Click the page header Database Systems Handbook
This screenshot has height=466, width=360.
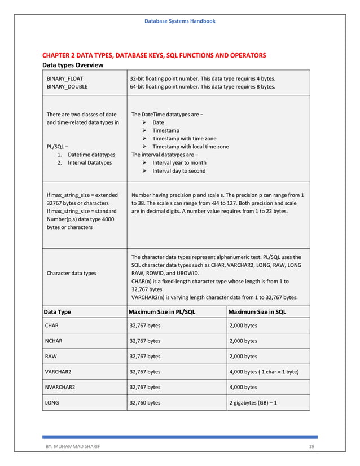[179, 21]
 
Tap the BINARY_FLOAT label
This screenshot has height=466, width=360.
[65, 78]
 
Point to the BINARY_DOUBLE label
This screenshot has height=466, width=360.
[67, 87]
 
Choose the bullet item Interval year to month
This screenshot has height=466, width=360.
[179, 162]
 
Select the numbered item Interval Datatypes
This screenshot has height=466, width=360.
[89, 162]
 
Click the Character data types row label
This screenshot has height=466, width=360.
[71, 273]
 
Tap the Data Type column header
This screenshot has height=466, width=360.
[58, 311]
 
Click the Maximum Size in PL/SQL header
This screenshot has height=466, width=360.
[162, 311]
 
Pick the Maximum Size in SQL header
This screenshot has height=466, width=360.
[257, 311]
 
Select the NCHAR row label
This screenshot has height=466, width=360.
[54, 341]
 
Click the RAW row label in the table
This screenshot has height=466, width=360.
[51, 356]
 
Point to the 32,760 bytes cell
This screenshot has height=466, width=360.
[145, 403]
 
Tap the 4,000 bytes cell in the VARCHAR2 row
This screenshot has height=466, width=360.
[264, 372]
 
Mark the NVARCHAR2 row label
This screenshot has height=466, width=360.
[60, 387]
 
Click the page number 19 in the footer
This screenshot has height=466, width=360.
[311, 447]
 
